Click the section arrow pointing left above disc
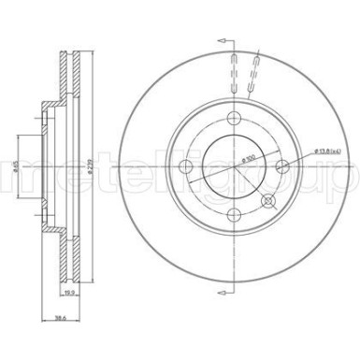coord(221,41)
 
